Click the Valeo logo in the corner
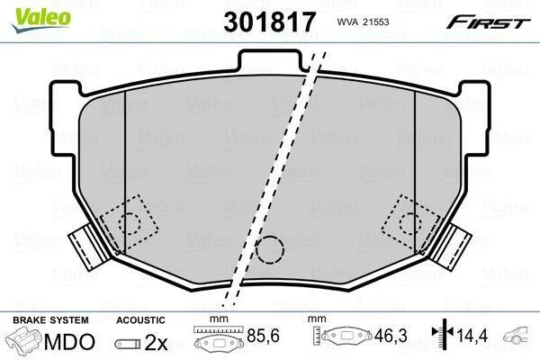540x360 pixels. click(41, 20)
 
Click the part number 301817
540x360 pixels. click(269, 22)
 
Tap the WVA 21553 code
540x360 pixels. click(363, 22)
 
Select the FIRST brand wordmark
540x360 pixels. click(488, 22)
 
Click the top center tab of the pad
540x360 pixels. click(269, 58)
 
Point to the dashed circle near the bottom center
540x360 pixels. click(270, 250)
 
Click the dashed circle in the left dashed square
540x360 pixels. click(130, 223)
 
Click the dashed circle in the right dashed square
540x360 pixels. click(410, 223)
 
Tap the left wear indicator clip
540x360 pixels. click(87, 247)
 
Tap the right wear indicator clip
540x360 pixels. click(452, 247)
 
